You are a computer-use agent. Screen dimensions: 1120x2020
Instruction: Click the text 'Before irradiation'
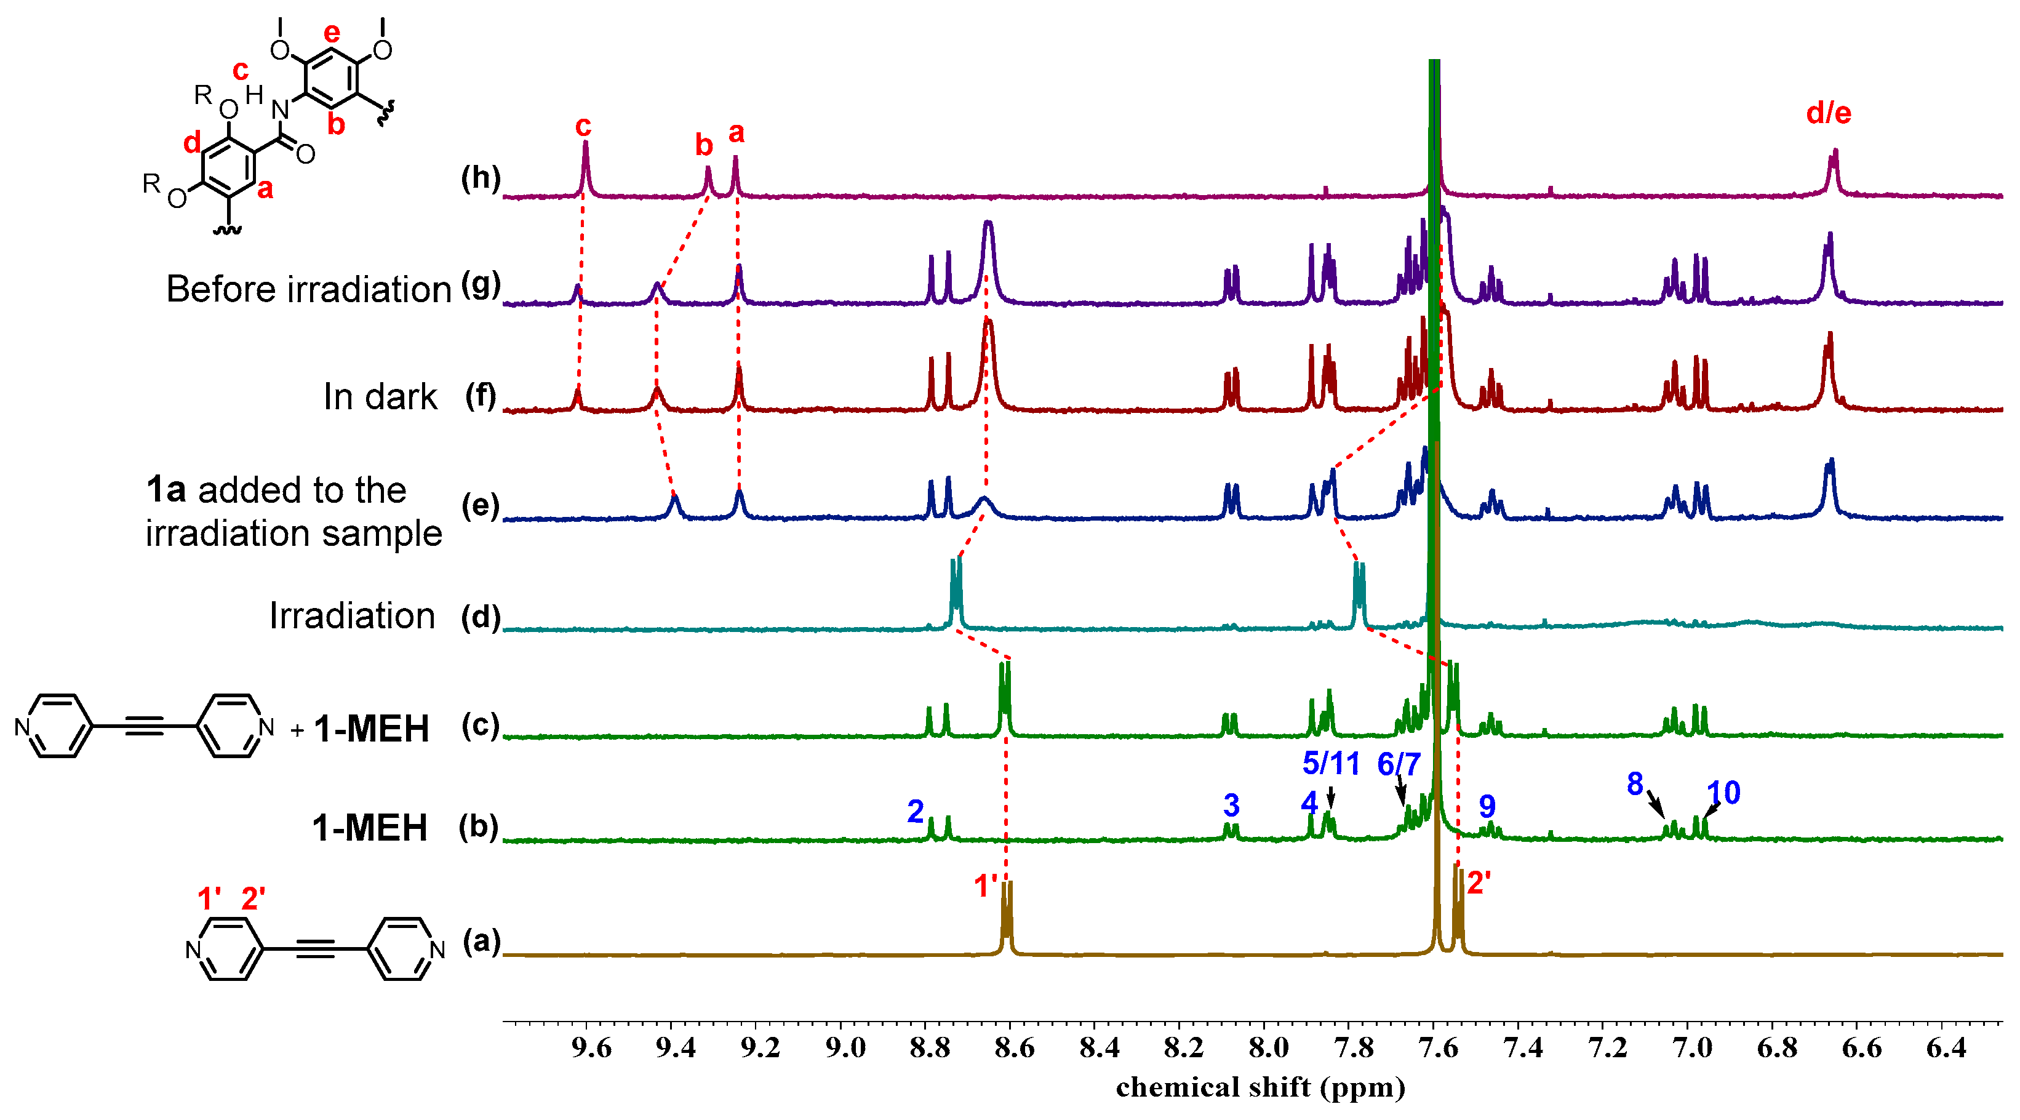(309, 289)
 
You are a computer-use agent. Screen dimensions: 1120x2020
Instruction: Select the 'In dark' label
(380, 397)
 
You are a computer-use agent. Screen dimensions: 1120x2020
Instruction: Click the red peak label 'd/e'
(1828, 114)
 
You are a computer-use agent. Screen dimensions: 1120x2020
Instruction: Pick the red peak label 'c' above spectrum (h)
(583, 126)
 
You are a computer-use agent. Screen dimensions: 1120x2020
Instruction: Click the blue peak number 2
(915, 812)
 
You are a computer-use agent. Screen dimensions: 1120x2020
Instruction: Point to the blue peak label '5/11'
(1331, 763)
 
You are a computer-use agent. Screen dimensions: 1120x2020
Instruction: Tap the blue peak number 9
(1487, 806)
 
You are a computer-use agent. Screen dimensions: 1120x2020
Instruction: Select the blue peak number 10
(1723, 793)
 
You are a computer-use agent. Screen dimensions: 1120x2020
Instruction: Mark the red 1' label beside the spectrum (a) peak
(986, 886)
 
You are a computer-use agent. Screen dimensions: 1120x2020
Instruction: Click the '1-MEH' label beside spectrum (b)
(369, 828)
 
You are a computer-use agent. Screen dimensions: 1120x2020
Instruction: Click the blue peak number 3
(1231, 806)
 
